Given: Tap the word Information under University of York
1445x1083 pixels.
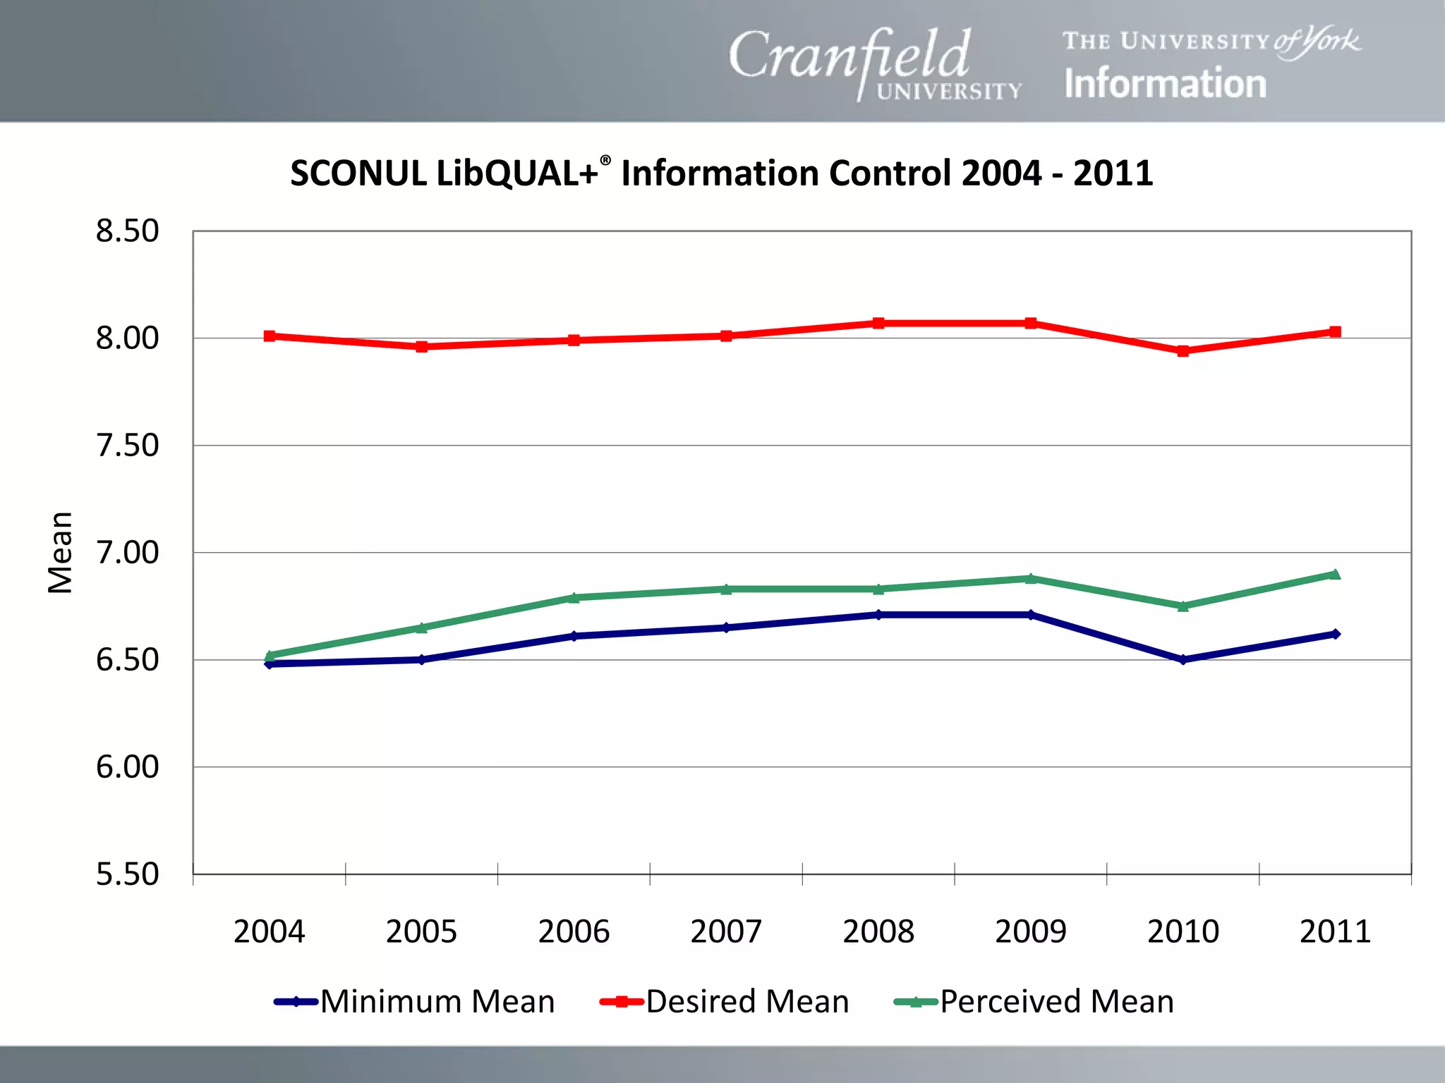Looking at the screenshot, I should click(x=1165, y=84).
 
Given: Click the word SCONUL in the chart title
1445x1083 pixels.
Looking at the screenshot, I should click(x=358, y=173).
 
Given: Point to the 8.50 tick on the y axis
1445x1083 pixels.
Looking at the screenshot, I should click(x=128, y=231).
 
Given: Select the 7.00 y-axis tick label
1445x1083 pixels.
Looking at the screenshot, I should click(x=128, y=553).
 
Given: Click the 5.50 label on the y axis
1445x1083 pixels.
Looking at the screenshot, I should click(x=128, y=874).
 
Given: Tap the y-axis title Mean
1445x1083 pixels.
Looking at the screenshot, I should click(x=61, y=553).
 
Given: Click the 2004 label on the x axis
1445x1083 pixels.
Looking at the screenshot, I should click(x=269, y=931).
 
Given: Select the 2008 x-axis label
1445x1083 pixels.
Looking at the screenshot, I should click(x=878, y=931).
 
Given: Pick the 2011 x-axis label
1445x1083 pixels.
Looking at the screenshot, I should click(x=1334, y=931).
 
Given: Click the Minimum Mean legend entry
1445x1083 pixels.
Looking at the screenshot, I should click(x=415, y=1002).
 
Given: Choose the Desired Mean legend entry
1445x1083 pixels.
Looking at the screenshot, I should click(x=725, y=1002).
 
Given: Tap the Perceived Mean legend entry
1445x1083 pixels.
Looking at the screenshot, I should click(x=1034, y=1002).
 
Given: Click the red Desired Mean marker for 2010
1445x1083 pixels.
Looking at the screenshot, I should click(x=1183, y=350).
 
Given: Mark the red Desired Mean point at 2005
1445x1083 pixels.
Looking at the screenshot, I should click(x=421, y=346).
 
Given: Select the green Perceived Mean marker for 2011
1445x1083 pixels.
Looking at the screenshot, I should click(x=1335, y=574).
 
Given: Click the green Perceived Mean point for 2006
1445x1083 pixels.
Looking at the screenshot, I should click(x=574, y=597).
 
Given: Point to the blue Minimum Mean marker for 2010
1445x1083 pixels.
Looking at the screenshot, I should click(x=1183, y=660).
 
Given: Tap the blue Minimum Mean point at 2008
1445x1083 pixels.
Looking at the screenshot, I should click(x=878, y=615).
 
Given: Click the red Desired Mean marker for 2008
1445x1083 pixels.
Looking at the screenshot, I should click(x=878, y=323).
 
